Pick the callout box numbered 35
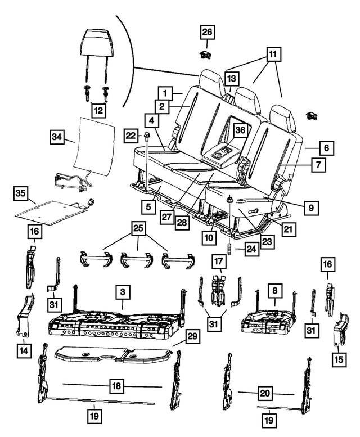click(x=20, y=195)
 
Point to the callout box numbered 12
click(x=98, y=110)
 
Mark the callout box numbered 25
click(x=138, y=228)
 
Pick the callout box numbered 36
click(x=241, y=130)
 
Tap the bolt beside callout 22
click(x=147, y=136)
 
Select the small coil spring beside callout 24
click(x=229, y=248)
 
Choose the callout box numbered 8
click(x=274, y=292)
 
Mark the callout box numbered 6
click(x=326, y=148)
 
